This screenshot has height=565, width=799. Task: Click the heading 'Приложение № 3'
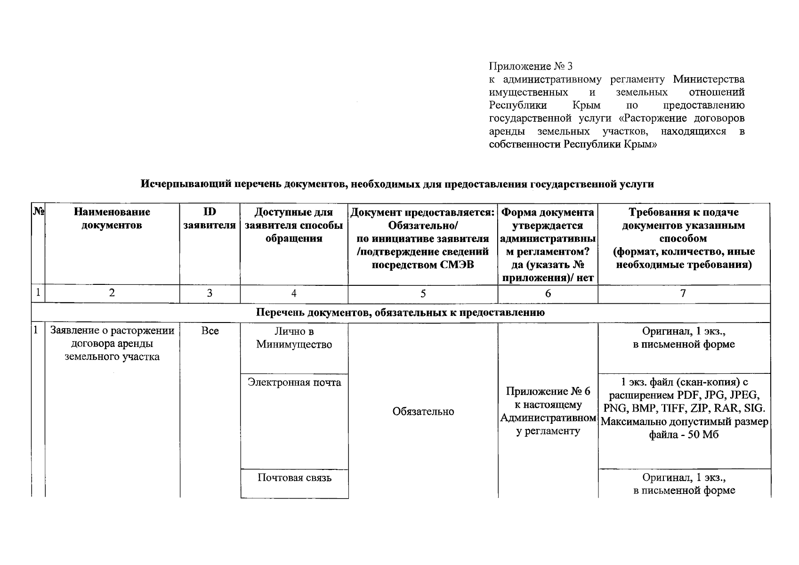pyautogui.click(x=531, y=66)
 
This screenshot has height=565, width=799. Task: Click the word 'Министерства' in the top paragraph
pyautogui.click(x=709, y=79)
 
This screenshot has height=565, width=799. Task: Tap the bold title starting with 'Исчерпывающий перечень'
pyautogui.click(x=397, y=184)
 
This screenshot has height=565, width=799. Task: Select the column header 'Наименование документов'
pyautogui.click(x=112, y=218)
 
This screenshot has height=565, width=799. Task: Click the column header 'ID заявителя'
pyautogui.click(x=210, y=218)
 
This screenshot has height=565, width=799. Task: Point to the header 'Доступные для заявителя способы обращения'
pyautogui.click(x=294, y=225)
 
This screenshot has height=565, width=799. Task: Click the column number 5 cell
pyautogui.click(x=423, y=293)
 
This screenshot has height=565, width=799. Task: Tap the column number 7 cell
pyautogui.click(x=683, y=293)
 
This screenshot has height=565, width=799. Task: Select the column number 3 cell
pyautogui.click(x=210, y=293)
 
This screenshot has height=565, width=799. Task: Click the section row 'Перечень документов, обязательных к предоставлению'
pyautogui.click(x=400, y=313)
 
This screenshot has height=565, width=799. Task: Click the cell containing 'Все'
pyautogui.click(x=210, y=331)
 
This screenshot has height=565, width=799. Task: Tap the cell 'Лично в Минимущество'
pyautogui.click(x=294, y=338)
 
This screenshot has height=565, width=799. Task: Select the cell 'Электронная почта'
pyautogui.click(x=294, y=382)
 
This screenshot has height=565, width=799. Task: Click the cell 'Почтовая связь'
pyautogui.click(x=294, y=478)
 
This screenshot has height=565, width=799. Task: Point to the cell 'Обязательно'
pyautogui.click(x=423, y=412)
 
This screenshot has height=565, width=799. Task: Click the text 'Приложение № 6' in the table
pyautogui.click(x=548, y=392)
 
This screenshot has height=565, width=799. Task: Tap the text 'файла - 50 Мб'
pyautogui.click(x=684, y=435)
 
